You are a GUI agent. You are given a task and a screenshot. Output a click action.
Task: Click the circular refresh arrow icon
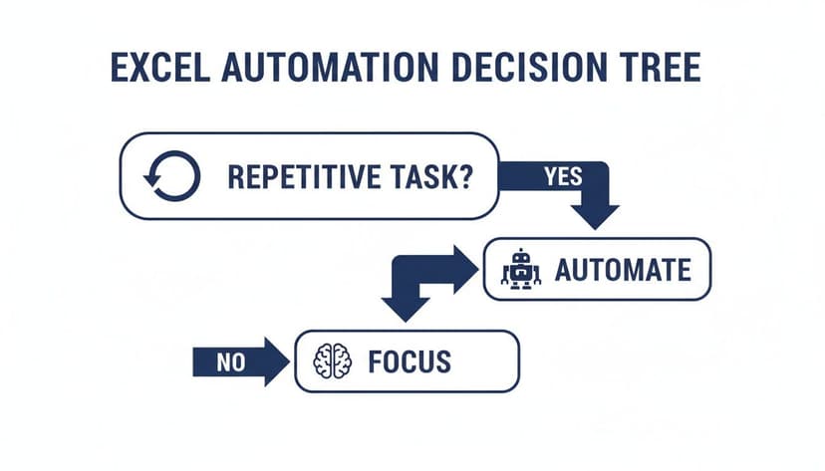click(172, 176)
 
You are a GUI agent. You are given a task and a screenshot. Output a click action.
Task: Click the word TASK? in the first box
click(429, 177)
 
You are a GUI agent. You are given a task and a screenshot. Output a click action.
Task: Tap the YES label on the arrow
click(563, 176)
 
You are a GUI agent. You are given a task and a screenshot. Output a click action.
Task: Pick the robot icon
click(520, 269)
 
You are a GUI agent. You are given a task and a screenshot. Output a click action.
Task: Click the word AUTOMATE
click(622, 270)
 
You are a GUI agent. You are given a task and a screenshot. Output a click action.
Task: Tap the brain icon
click(333, 360)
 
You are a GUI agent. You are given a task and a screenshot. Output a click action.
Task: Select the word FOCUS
click(409, 360)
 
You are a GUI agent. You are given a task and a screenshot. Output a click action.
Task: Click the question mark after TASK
click(465, 177)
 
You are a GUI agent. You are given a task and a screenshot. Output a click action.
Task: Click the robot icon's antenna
click(520, 253)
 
